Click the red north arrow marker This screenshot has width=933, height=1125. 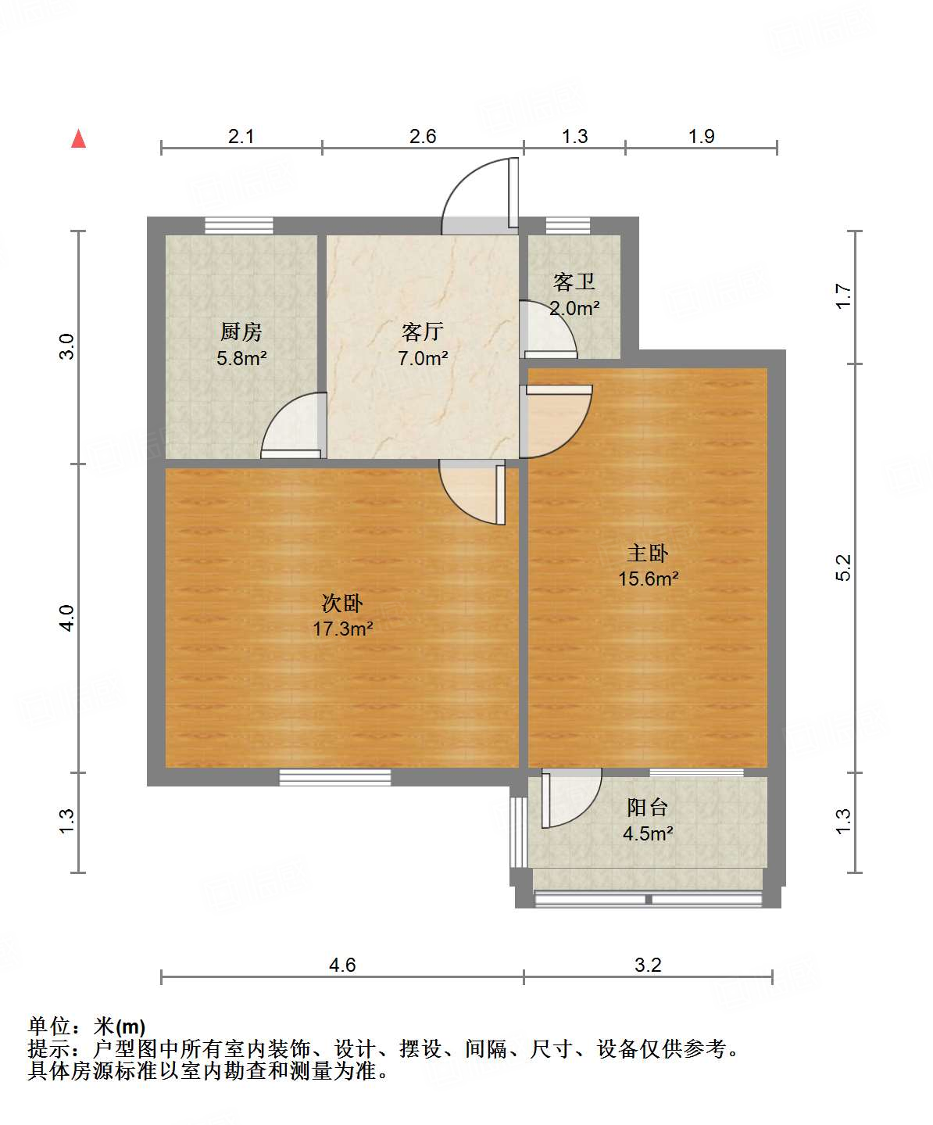click(x=78, y=138)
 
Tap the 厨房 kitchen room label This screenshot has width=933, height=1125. click(x=241, y=332)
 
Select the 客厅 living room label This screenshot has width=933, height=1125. click(x=422, y=332)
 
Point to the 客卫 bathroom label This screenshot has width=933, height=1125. click(x=574, y=281)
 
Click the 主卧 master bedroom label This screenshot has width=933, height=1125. click(x=648, y=554)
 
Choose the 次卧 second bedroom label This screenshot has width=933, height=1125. click(x=342, y=604)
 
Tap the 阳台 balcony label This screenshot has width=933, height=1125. click(x=648, y=808)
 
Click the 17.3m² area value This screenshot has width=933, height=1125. click(x=342, y=629)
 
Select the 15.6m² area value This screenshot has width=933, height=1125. click(x=648, y=579)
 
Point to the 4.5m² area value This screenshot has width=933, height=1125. click(x=648, y=833)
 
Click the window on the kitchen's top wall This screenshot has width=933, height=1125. click(x=239, y=225)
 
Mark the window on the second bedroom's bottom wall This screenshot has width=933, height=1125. click(x=335, y=777)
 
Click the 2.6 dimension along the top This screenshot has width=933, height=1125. click(x=423, y=136)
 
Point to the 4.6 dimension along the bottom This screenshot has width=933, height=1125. click(x=342, y=965)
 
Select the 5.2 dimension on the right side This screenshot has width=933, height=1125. click(x=843, y=568)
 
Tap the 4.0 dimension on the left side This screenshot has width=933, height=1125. click(x=67, y=618)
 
